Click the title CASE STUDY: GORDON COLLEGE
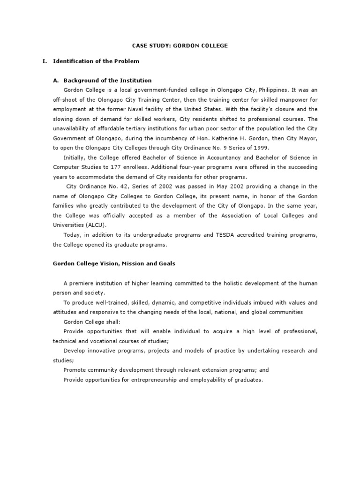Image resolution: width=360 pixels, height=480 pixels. click(x=180, y=45)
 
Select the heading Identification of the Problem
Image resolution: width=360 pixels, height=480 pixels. click(x=96, y=61)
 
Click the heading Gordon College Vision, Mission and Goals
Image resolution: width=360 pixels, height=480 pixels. click(x=114, y=263)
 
